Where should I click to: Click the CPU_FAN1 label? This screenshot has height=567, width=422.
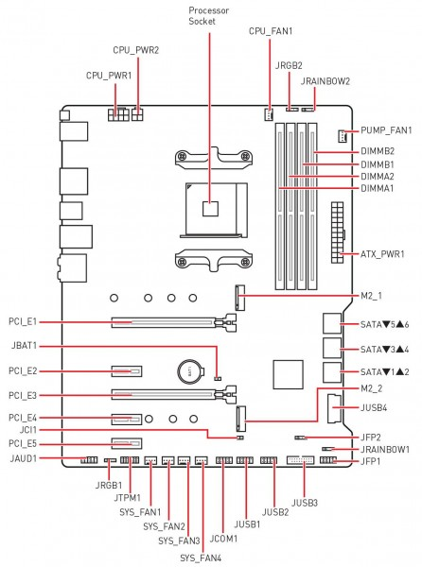tap(271, 31)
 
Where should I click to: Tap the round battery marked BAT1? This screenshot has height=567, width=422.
tap(190, 371)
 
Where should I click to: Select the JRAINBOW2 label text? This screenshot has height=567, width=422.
tap(325, 81)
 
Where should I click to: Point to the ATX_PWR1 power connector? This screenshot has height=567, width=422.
tap(337, 232)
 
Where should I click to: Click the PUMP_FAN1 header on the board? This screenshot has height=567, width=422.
tap(342, 135)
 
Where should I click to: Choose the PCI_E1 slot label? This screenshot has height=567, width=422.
tap(23, 321)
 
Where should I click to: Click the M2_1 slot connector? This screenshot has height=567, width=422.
tap(240, 298)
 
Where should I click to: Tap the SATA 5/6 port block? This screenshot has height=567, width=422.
tap(332, 323)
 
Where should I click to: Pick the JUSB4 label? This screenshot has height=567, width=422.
tap(374, 408)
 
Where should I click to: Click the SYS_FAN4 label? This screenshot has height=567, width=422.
tap(201, 558)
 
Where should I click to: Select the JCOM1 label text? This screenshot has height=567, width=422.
tap(223, 539)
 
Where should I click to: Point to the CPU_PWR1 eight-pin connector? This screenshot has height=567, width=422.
tap(118, 114)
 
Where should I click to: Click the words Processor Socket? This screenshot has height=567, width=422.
tap(209, 16)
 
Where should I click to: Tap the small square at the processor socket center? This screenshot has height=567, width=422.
tap(210, 209)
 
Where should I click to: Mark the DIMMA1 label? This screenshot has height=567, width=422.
tap(378, 188)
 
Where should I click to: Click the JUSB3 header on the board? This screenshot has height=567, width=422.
tap(301, 460)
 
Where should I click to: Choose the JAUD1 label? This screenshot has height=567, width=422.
tap(24, 458)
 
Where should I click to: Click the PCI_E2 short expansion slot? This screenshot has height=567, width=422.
tap(127, 371)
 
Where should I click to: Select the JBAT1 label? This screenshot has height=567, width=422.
tap(24, 345)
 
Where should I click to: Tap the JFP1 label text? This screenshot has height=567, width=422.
tap(370, 461)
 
